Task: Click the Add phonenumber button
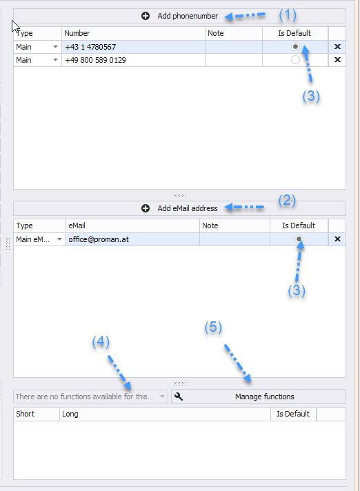[x=179, y=16]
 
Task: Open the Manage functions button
[x=259, y=397]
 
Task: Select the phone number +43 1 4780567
[x=90, y=47]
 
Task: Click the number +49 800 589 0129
[x=95, y=60]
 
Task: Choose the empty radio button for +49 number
[x=295, y=60]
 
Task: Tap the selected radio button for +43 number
[x=295, y=47]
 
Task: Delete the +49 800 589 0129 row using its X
[x=337, y=60]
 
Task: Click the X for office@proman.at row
[x=337, y=239]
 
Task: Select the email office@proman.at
[x=99, y=239]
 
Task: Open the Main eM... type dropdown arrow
[x=59, y=239]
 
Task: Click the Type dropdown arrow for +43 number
[x=55, y=47]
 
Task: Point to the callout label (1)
[x=288, y=15]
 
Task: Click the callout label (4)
[x=101, y=341]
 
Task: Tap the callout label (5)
[x=213, y=328]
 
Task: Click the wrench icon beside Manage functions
[x=179, y=397]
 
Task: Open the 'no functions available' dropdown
[x=90, y=397]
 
